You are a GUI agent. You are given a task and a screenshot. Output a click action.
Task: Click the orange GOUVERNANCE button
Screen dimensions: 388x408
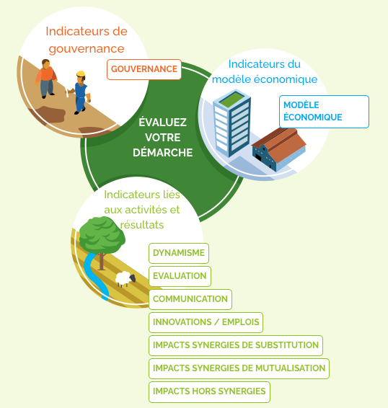144,69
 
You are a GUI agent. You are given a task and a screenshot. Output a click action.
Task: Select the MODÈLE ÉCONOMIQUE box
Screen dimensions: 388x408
324,112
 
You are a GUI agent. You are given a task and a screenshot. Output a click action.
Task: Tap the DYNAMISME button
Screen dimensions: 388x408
179,253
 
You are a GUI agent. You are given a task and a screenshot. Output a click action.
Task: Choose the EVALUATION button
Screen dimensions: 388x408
180,276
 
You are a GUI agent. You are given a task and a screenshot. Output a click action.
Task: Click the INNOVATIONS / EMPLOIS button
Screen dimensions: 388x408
206,322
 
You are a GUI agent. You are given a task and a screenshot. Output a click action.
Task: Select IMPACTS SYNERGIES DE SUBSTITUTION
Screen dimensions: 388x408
236,345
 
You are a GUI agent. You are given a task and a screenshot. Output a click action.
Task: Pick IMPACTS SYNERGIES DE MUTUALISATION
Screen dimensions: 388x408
239,368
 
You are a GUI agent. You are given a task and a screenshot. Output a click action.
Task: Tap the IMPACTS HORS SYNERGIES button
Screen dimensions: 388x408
209,391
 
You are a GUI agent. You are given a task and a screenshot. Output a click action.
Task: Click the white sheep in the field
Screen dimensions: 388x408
125,279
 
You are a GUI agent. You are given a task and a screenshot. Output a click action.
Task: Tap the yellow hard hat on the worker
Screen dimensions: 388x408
81,74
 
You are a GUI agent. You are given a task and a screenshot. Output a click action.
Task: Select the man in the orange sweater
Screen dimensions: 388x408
46,79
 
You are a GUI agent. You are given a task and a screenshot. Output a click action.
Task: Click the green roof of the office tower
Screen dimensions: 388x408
232,100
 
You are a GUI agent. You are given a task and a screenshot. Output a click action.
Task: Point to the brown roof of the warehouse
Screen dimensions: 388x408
279,141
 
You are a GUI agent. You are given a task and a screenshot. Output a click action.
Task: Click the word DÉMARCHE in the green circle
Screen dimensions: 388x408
163,153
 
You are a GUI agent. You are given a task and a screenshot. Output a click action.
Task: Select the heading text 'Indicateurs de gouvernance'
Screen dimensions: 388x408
87,40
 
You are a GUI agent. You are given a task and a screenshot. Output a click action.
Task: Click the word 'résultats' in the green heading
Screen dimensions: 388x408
142,225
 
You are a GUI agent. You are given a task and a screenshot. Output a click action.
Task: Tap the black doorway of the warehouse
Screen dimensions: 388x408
258,158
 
